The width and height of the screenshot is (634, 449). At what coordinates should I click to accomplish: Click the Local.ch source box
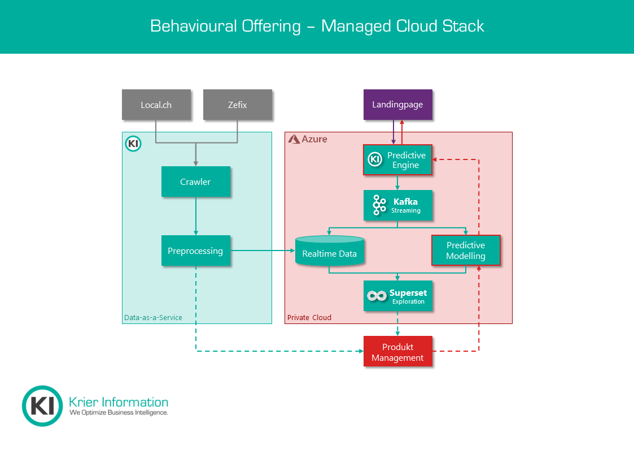point(156,105)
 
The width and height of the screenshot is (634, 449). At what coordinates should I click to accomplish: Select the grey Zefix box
point(237,105)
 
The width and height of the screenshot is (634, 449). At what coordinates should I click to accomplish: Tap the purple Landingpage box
point(397,105)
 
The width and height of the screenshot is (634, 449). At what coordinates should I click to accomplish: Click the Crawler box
point(195,182)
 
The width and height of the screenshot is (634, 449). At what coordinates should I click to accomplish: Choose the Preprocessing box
point(195,251)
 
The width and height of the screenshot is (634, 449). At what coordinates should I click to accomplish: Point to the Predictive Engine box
point(397,160)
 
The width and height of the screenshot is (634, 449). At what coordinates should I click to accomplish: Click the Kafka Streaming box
point(397,205)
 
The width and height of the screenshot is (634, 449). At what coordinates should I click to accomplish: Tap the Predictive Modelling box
point(465,251)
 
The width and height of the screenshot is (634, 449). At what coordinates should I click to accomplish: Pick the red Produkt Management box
point(397,352)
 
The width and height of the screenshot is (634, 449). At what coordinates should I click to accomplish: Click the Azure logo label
point(308,139)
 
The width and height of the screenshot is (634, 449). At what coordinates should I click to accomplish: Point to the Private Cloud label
point(309,317)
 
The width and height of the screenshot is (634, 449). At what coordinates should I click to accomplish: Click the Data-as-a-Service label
point(153,317)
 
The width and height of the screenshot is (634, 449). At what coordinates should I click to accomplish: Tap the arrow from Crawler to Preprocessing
point(196,216)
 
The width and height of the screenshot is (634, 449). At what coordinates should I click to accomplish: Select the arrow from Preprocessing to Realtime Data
point(263,251)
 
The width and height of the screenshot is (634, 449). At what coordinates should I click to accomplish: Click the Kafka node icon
point(379,205)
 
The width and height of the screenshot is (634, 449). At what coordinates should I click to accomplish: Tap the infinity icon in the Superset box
point(376,296)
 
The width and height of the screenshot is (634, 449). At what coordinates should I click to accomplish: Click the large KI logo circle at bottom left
point(42,405)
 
